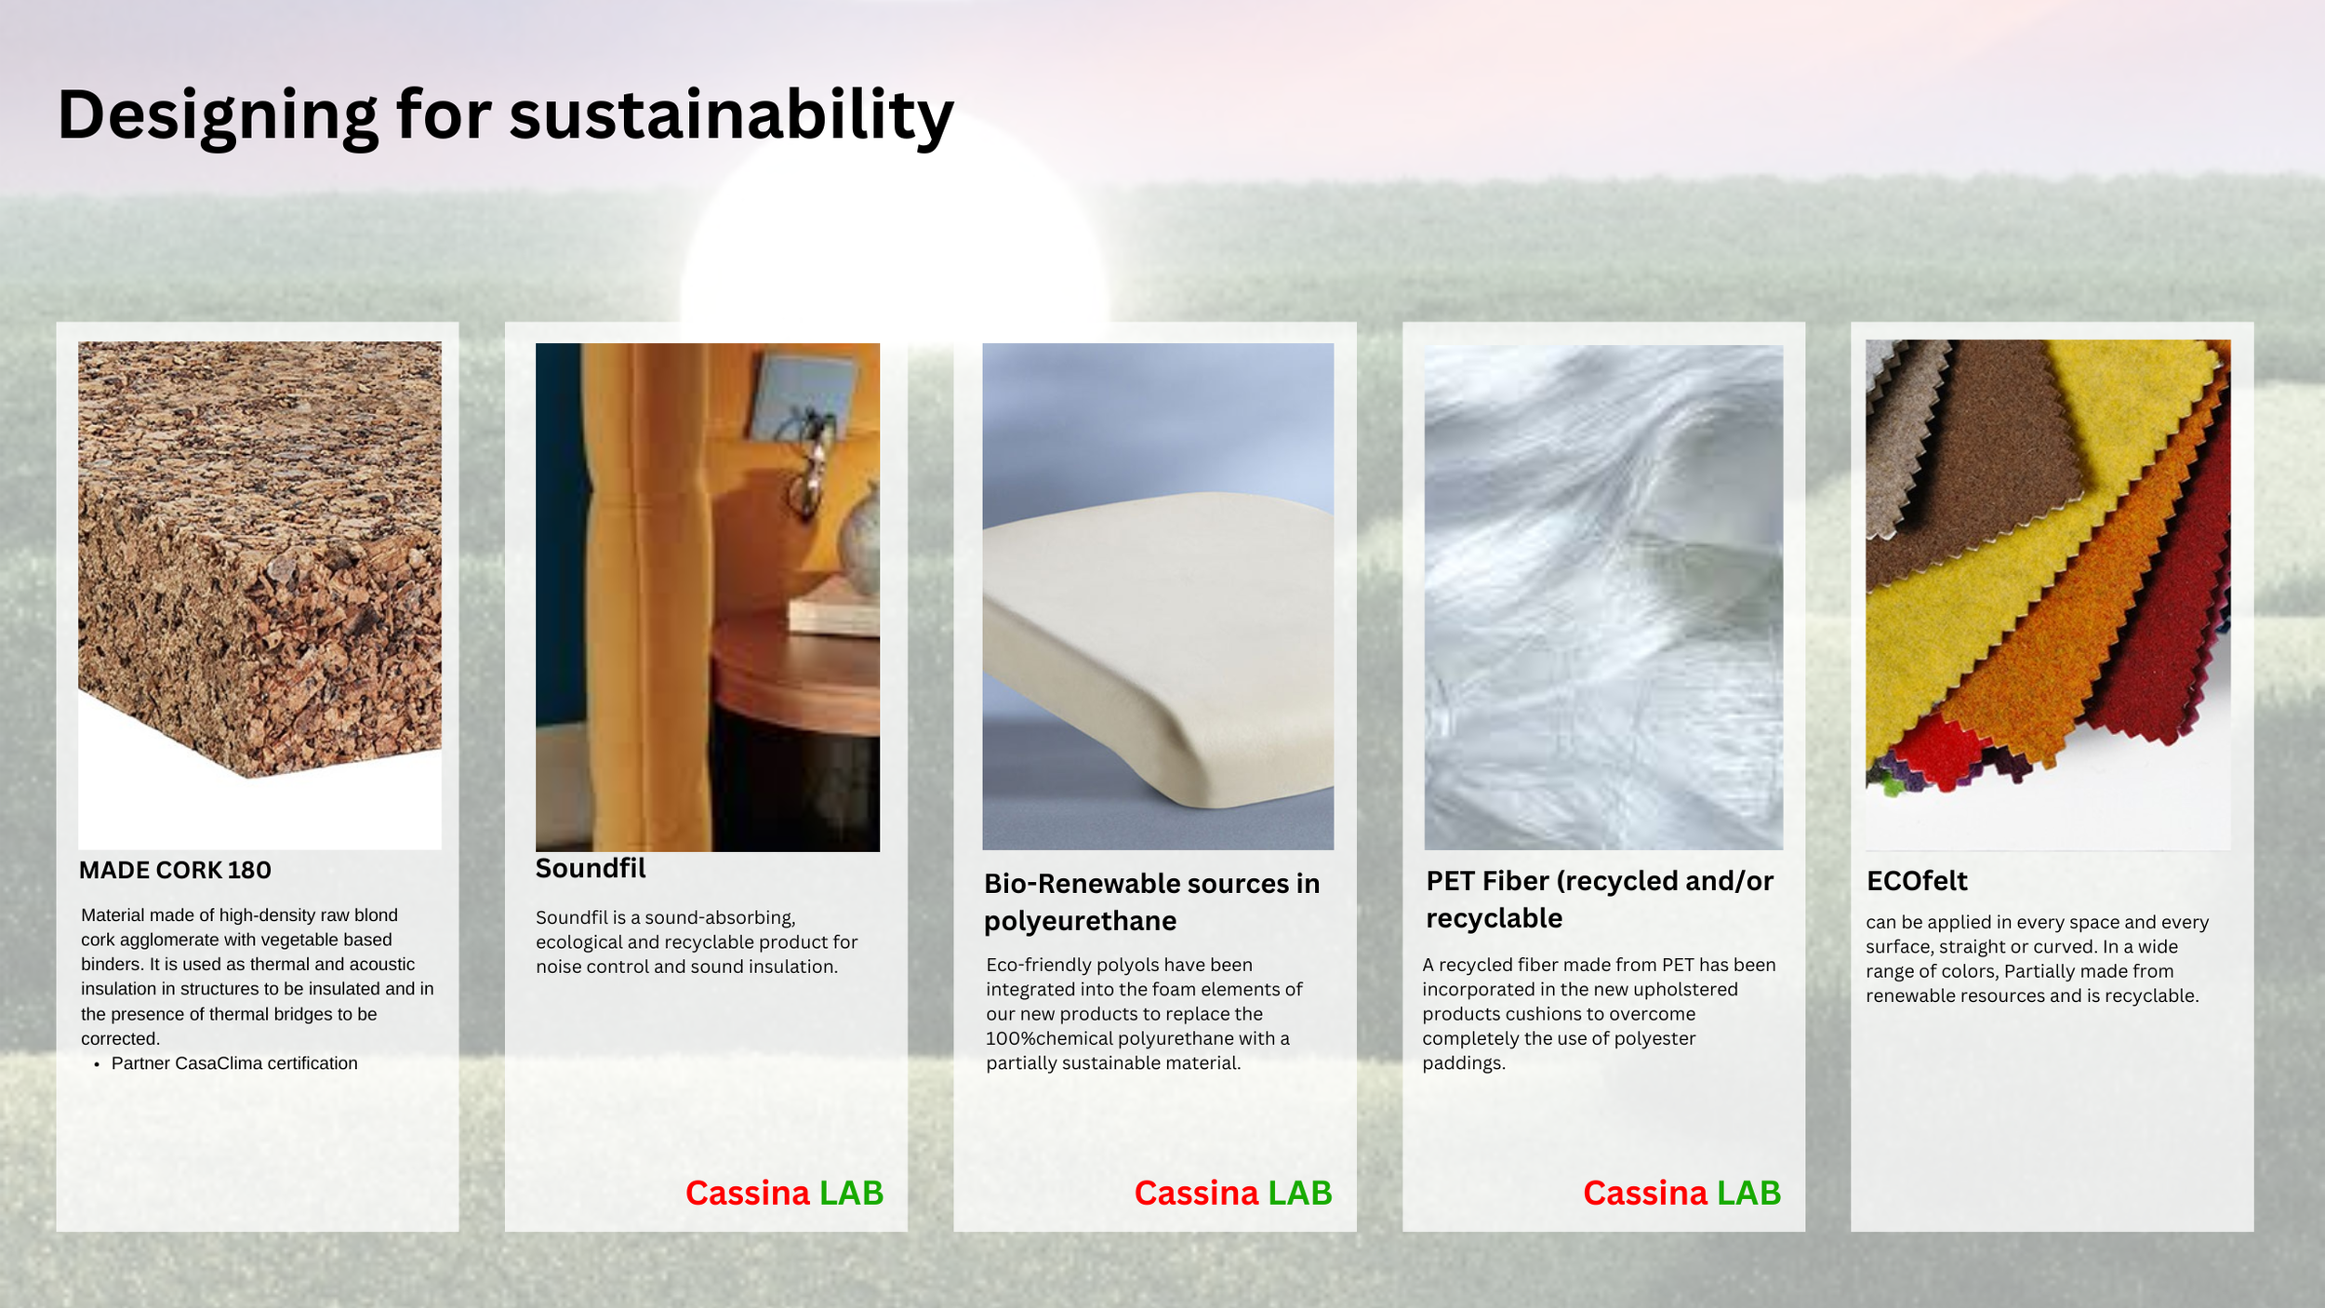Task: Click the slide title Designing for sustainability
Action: point(505,115)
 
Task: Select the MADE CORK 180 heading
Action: point(175,870)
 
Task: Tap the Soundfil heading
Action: point(590,868)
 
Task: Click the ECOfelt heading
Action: point(1917,880)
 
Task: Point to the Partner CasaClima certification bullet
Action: point(233,1063)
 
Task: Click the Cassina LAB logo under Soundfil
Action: point(784,1193)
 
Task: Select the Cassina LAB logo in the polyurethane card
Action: point(1232,1193)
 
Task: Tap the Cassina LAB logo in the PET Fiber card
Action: point(1681,1193)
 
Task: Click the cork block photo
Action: point(260,558)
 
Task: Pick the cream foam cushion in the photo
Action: point(1162,642)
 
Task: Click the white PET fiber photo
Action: point(1603,595)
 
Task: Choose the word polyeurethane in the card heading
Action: point(1080,921)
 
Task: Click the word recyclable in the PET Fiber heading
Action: point(1494,918)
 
